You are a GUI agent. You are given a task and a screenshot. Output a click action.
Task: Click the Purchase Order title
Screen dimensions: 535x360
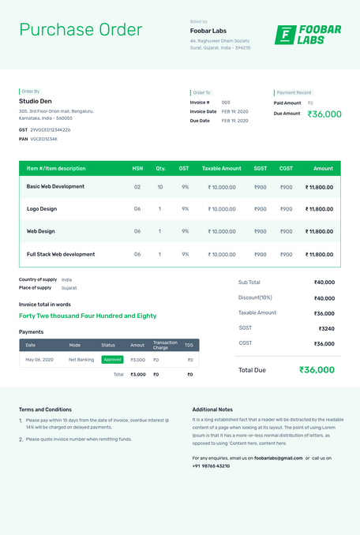pos(81,30)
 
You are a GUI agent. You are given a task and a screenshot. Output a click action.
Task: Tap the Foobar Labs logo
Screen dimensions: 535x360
pos(308,35)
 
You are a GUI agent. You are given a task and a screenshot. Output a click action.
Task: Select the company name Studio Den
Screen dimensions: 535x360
pos(36,101)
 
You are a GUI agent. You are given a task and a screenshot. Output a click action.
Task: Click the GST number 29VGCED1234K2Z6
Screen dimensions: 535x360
pos(51,129)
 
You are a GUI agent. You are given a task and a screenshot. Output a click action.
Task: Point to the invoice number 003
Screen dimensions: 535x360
pos(226,103)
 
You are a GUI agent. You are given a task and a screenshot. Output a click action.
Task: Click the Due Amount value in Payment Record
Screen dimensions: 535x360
pos(324,114)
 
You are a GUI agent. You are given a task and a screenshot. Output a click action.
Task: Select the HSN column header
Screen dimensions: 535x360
pos(137,168)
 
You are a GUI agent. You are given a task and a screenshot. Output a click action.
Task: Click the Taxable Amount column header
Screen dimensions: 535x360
pos(221,168)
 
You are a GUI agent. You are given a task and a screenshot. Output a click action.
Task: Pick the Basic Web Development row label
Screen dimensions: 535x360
pos(55,187)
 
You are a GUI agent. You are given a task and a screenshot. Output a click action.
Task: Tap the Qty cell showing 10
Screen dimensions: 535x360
pos(160,187)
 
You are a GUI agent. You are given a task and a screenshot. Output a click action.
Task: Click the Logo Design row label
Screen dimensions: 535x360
pos(42,209)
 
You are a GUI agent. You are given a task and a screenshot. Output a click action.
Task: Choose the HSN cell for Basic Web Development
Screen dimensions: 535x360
pos(137,187)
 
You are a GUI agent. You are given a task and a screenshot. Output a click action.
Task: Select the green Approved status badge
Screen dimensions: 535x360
pos(112,359)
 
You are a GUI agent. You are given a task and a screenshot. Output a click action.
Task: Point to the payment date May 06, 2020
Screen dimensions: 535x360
pos(39,360)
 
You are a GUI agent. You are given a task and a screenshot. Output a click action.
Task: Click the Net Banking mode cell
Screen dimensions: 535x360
pos(81,360)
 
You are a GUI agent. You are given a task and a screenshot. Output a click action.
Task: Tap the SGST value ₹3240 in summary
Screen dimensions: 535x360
pos(326,328)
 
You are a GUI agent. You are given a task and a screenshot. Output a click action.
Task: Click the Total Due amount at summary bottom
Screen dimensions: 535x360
pos(317,369)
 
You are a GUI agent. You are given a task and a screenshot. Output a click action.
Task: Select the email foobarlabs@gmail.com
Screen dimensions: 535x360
pos(279,458)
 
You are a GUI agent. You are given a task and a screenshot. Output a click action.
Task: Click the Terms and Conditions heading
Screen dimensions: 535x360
pos(45,410)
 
